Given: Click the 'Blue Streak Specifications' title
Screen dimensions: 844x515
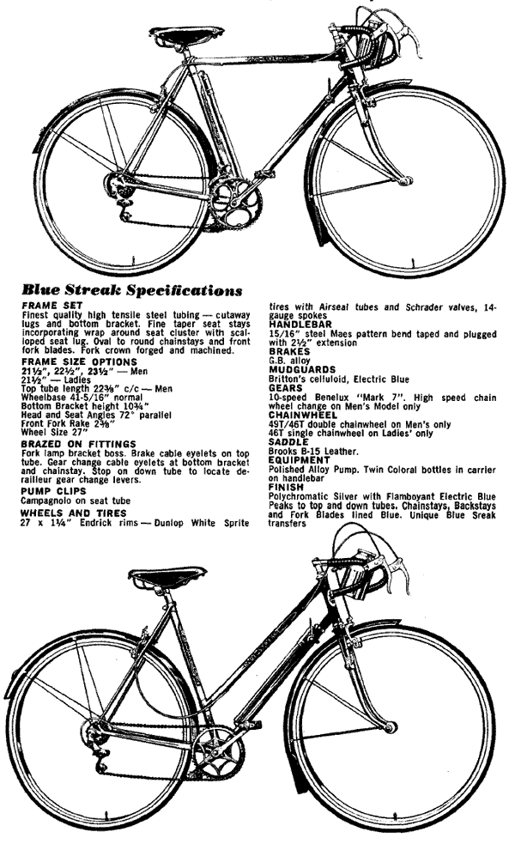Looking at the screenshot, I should pyautogui.click(x=131, y=290).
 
